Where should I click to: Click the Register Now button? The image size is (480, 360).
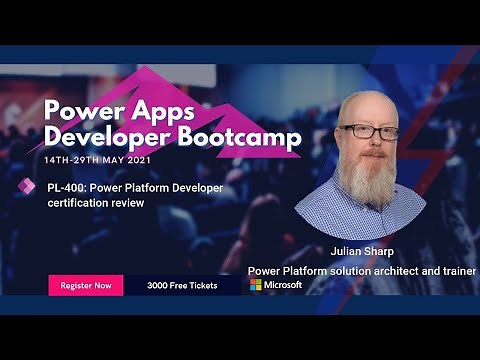tap(86, 285)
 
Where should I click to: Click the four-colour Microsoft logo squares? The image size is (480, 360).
tap(256, 285)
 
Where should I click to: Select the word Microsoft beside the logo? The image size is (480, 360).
tap(283, 285)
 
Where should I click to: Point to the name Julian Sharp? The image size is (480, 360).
tap(361, 251)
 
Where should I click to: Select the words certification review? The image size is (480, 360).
tap(96, 203)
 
